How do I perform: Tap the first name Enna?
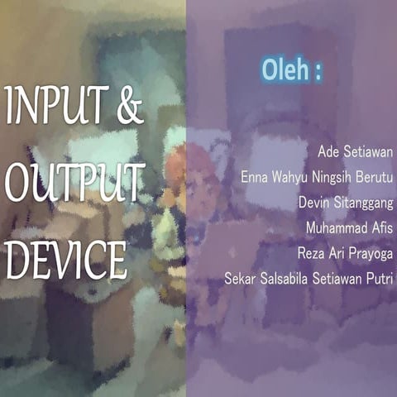tap(253, 177)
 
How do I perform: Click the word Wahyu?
tap(289, 177)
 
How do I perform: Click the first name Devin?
tap(313, 203)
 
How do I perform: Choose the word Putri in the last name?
tap(381, 278)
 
